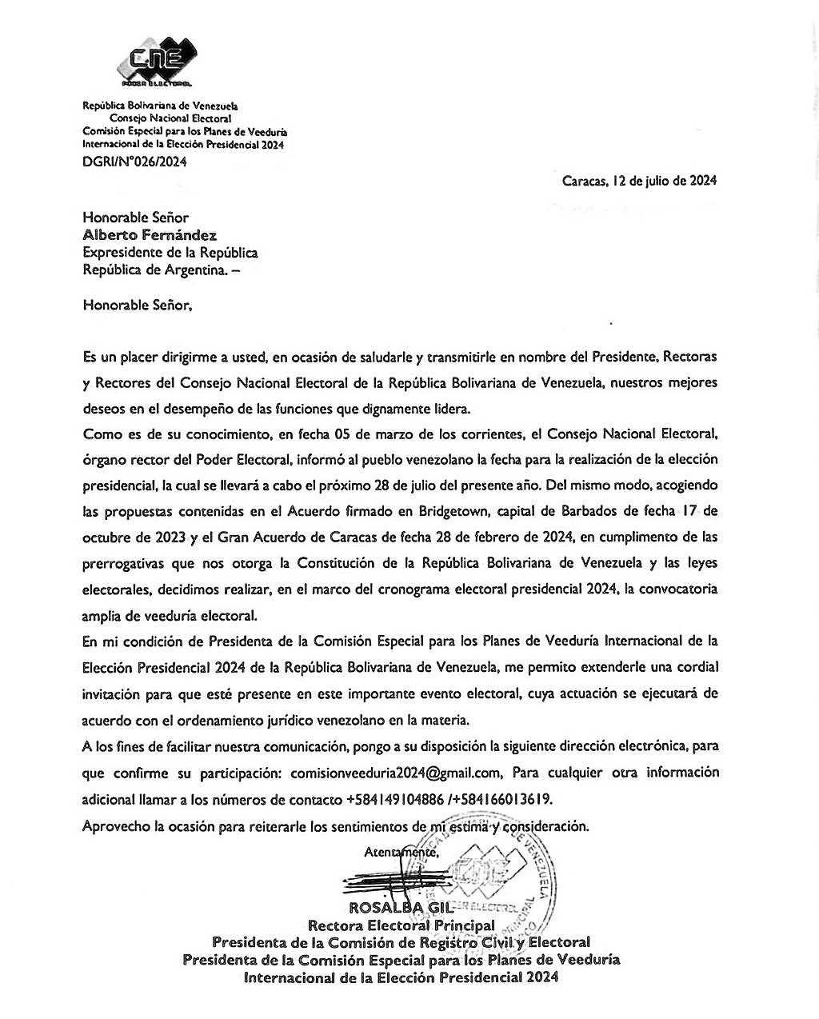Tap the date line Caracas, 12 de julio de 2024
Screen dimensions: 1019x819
pyautogui.click(x=639, y=180)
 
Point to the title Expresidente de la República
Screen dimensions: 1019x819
pyautogui.click(x=170, y=252)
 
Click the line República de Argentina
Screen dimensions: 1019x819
pyautogui.click(x=160, y=270)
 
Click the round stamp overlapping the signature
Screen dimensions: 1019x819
pyautogui.click(x=488, y=876)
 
